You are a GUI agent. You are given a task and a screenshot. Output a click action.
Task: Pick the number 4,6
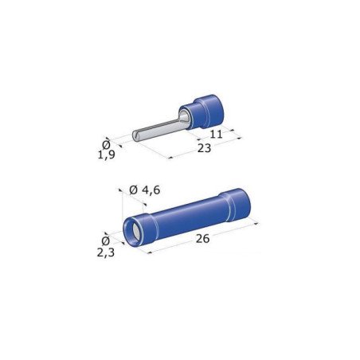(146, 190)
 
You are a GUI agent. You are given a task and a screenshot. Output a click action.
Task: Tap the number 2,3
(106, 252)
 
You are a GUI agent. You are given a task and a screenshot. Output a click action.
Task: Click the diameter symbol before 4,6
(132, 190)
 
